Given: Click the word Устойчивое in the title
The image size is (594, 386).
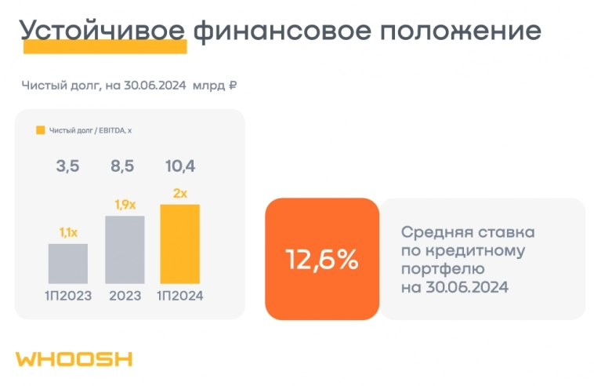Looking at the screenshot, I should tap(103, 31).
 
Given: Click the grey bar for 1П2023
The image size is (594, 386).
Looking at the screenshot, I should tap(68, 263).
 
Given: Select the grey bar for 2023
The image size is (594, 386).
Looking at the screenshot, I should tap(125, 249).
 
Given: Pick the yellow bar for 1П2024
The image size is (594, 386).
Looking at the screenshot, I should tap(180, 243).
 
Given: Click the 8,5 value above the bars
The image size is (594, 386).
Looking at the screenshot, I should tap(125, 166).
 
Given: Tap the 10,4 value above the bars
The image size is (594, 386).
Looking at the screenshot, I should tap(180, 166).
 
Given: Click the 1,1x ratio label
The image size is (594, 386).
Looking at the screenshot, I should tap(68, 232).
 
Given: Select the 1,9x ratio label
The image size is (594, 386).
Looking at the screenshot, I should tap(125, 205).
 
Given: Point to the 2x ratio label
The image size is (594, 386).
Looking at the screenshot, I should tap(180, 193).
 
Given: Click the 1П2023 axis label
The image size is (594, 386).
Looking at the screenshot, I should tap(68, 295).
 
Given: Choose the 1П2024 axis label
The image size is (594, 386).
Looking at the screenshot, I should tap(180, 295).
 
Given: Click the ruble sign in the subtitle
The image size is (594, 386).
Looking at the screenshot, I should tap(232, 85).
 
